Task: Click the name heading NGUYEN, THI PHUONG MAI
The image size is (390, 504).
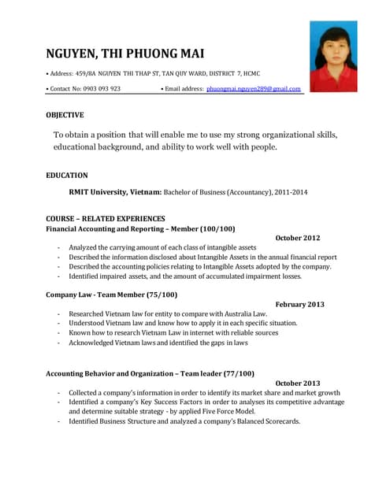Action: [x=125, y=54]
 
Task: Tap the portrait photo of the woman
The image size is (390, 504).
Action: [x=333, y=57]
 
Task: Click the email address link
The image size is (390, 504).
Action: [x=254, y=89]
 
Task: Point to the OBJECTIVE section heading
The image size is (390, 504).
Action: [x=65, y=115]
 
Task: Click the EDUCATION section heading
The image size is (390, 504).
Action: [x=67, y=176]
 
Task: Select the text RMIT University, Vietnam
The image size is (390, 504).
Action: [x=115, y=192]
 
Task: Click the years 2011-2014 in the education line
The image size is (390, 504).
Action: [x=291, y=192]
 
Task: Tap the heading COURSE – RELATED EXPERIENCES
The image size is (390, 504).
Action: [x=106, y=219]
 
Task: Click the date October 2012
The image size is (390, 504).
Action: [x=298, y=238]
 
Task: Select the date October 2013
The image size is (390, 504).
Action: [x=298, y=383]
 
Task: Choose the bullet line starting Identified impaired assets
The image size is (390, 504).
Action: [x=184, y=276]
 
